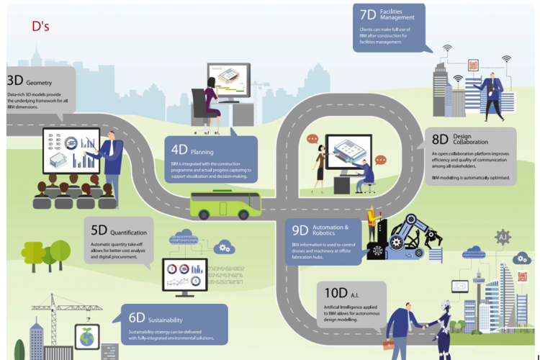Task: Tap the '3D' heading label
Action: (14, 81)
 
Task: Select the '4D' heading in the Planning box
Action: (179, 150)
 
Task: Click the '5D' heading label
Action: (99, 231)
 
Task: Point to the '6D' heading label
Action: (137, 318)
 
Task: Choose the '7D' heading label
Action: (368, 15)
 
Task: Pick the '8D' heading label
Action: (440, 139)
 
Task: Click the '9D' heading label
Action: (300, 230)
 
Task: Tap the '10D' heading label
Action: (336, 293)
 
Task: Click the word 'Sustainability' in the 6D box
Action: (166, 320)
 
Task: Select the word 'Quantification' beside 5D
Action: (130, 233)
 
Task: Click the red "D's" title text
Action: (40, 26)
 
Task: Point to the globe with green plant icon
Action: (87, 337)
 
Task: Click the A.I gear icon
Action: (503, 236)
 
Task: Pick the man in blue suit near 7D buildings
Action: (493, 94)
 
